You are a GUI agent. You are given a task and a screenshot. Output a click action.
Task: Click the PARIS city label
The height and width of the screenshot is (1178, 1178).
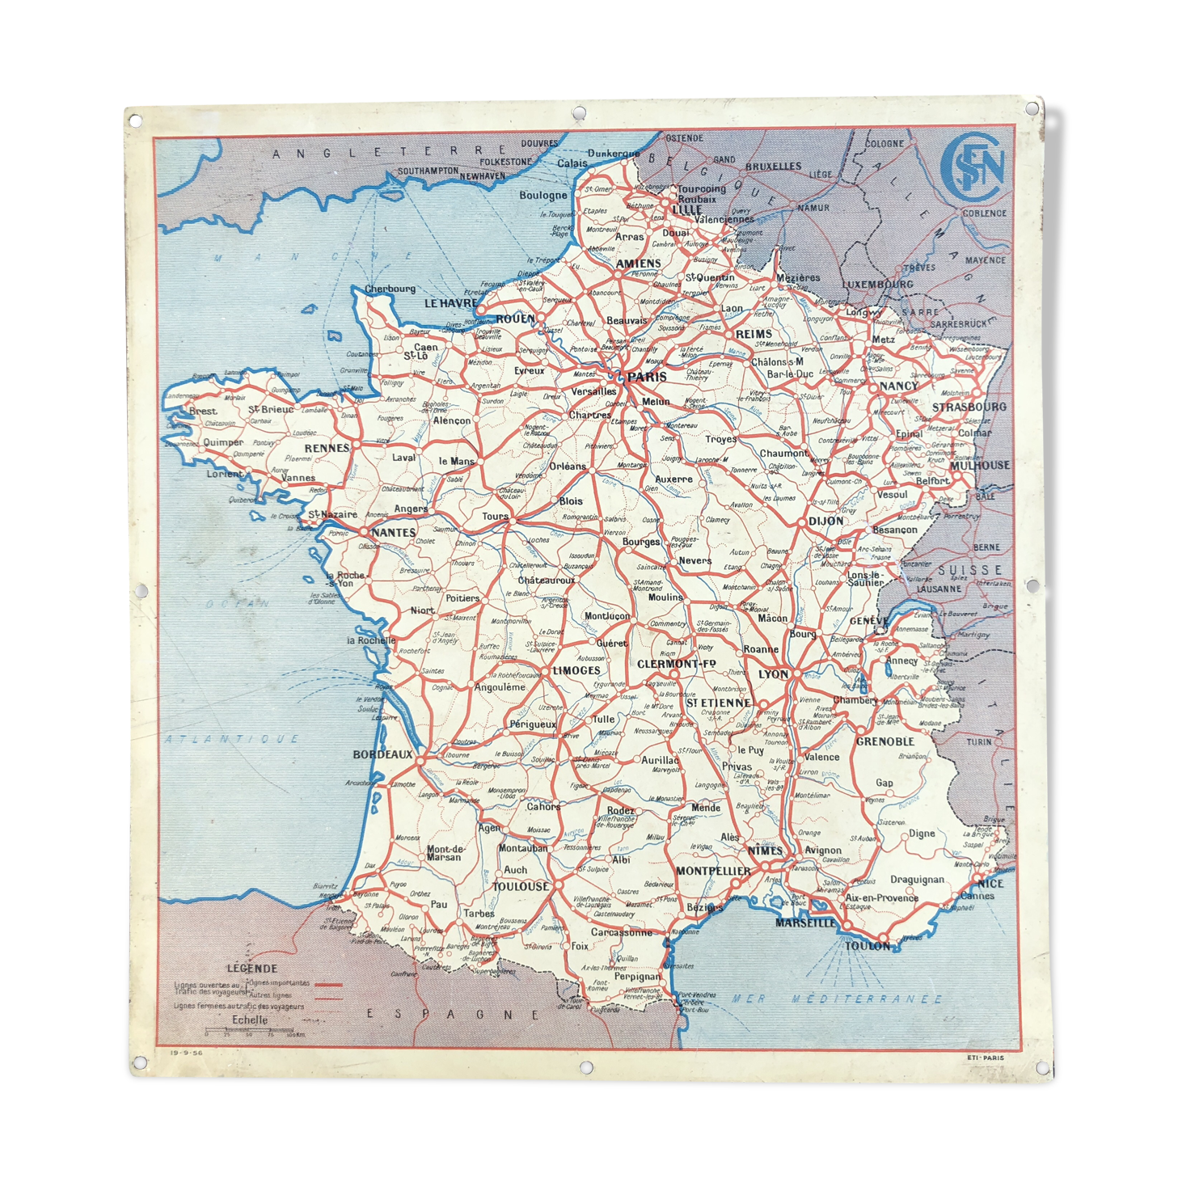(647, 377)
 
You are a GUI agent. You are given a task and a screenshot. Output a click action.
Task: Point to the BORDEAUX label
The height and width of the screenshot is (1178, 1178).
(382, 754)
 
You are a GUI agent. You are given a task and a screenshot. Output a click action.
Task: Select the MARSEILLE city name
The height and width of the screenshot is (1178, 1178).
(804, 923)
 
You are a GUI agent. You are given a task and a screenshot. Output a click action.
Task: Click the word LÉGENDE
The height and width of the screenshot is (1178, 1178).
(251, 968)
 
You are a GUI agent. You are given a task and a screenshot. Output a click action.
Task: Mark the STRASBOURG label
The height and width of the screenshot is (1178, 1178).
(969, 407)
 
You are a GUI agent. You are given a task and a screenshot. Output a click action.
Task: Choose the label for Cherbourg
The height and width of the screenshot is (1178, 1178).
(390, 289)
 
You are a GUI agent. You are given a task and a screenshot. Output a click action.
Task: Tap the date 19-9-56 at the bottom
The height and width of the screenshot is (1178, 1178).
(186, 1053)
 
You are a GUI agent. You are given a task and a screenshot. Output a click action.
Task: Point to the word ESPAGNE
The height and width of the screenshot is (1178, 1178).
(453, 1014)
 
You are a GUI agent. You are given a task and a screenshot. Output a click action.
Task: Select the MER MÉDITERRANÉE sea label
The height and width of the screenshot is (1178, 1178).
(837, 999)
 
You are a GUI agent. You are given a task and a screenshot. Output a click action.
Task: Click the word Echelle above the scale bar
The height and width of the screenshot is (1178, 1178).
(250, 1020)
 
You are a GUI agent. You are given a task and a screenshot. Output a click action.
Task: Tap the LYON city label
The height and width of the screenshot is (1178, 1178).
(773, 673)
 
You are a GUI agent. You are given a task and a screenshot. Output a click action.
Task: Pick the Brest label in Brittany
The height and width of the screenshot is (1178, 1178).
(202, 411)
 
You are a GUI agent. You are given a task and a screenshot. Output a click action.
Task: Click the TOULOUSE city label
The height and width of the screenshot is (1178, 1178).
(521, 886)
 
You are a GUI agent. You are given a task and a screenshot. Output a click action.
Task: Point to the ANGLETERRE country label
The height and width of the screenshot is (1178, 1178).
(388, 151)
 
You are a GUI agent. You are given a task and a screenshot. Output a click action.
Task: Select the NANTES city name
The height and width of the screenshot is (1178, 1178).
(394, 532)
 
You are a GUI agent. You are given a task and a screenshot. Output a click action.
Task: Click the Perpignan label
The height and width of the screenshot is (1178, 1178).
(637, 977)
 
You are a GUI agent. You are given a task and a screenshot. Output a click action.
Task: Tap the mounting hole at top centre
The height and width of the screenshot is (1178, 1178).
(579, 112)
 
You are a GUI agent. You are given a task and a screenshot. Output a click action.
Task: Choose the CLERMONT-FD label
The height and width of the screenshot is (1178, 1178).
(677, 664)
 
